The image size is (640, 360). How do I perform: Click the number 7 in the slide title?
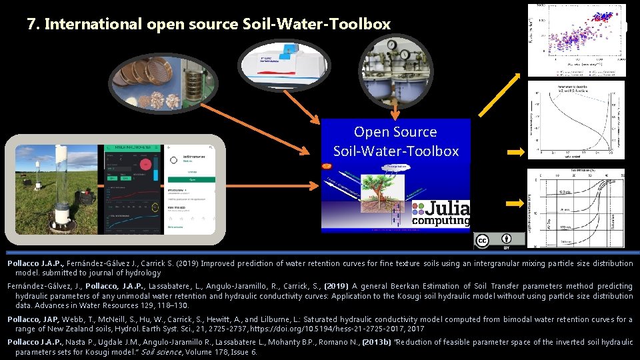click(31, 25)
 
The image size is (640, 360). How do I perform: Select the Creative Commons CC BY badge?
click(499, 241)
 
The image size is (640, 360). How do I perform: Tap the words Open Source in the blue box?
click(395, 132)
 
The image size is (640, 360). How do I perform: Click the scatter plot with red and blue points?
click(577, 40)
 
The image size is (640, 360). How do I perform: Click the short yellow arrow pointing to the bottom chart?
click(516, 204)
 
